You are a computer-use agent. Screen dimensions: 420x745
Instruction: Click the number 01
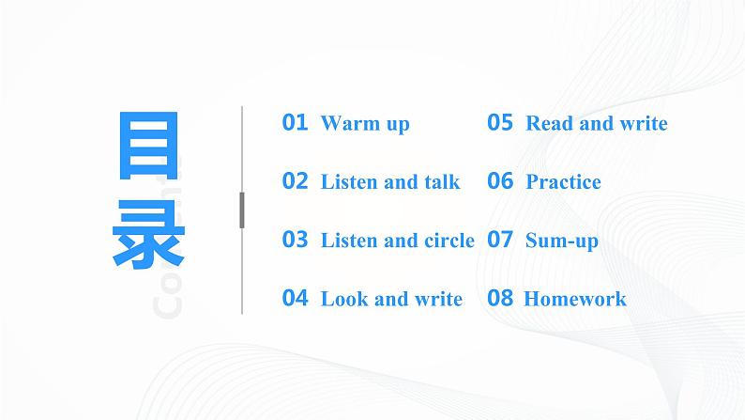[295, 123]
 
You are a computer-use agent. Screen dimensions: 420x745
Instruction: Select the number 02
[295, 181]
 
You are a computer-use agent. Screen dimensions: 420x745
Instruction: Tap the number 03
[295, 240]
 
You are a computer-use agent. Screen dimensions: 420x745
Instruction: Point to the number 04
[295, 299]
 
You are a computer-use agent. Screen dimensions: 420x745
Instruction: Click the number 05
[500, 123]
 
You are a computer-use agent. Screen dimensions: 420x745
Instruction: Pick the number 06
[500, 181]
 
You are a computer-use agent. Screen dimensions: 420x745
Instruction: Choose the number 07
[500, 240]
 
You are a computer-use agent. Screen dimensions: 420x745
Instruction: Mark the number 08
[500, 299]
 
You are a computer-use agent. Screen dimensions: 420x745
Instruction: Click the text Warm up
[365, 124]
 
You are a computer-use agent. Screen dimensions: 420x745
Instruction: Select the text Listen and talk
[390, 182]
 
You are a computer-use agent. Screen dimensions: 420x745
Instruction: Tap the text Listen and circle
[398, 241]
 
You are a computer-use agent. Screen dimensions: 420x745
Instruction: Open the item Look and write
[391, 300]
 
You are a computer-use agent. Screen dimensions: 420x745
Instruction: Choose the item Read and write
[597, 124]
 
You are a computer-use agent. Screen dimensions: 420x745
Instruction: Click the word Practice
[563, 182]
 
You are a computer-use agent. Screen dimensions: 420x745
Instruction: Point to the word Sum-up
[562, 241]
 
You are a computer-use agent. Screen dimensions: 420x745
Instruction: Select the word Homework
[574, 300]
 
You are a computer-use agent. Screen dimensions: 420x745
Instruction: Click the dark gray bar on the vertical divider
[242, 210]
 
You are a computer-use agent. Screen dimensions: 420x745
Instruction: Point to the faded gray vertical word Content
[168, 254]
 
